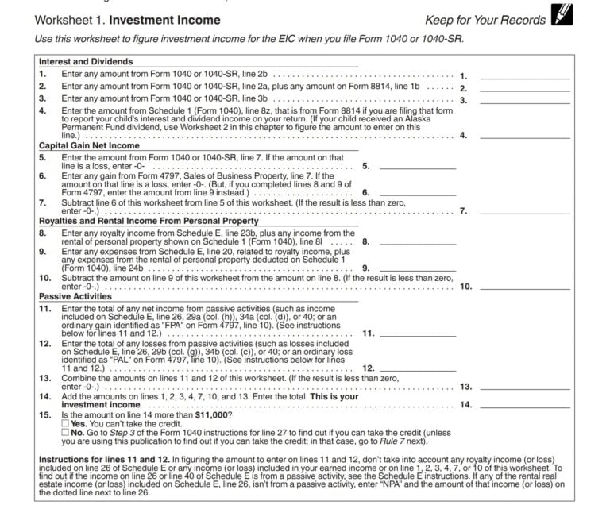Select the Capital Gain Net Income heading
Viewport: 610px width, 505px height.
(x=89, y=146)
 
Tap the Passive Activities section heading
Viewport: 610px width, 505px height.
(x=75, y=295)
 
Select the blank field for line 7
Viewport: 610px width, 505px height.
(x=524, y=210)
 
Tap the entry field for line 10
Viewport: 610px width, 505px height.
(x=524, y=285)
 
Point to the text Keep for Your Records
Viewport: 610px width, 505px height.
(x=485, y=20)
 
